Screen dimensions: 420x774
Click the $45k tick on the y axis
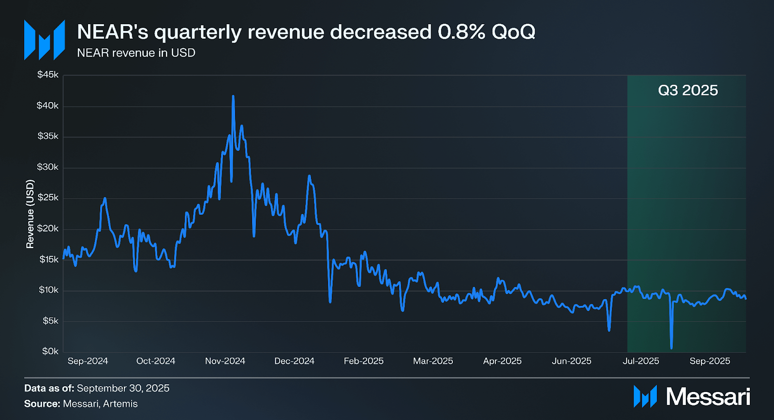point(48,75)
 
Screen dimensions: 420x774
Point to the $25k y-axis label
point(48,198)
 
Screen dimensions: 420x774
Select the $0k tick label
point(50,351)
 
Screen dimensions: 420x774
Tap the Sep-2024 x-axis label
point(88,361)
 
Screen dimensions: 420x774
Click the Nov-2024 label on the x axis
point(225,361)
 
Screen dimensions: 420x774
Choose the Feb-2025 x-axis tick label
point(363,361)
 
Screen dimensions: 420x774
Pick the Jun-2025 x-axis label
point(571,361)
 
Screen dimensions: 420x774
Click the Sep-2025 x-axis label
point(710,361)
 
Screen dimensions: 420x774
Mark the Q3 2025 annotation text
point(688,90)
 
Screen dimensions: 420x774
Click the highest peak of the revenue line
point(233,96)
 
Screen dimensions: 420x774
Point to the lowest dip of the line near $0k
point(671,347)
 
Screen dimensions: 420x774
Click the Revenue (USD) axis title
point(30,214)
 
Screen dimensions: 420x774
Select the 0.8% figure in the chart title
point(461,32)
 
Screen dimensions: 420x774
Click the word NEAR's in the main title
point(112,32)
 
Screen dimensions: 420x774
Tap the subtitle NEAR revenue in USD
point(136,53)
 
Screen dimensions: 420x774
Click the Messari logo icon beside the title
point(45,40)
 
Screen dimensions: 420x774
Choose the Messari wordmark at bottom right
point(708,397)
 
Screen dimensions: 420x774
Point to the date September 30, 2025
point(123,388)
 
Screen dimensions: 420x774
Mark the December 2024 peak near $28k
point(309,176)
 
